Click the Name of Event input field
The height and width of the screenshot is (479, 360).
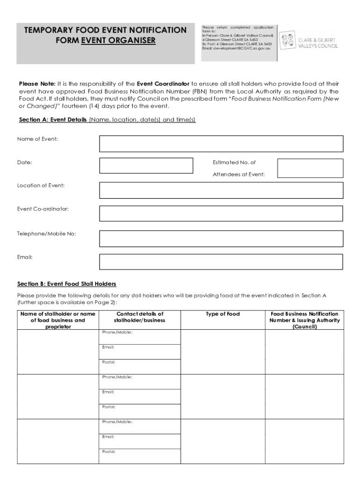point(221,144)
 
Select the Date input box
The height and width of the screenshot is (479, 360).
point(146,166)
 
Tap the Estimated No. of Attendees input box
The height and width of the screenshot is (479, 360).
point(310,168)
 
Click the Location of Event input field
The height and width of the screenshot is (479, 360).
point(221,190)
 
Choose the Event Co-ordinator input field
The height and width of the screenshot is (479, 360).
point(221,213)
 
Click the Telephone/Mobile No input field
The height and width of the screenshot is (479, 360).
point(221,238)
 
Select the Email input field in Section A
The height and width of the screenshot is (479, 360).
point(221,261)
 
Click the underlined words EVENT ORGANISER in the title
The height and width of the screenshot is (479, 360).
point(118,40)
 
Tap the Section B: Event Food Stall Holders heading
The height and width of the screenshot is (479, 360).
point(66,284)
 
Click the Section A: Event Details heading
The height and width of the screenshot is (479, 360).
point(52,120)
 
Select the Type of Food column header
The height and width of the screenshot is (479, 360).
point(223,314)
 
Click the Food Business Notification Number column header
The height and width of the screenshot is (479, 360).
point(304,320)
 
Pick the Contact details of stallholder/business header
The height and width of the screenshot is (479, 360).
point(139,317)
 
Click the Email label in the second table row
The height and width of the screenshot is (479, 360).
point(108,392)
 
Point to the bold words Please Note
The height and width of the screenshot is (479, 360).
point(37,84)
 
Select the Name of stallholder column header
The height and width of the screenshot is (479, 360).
point(58,320)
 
